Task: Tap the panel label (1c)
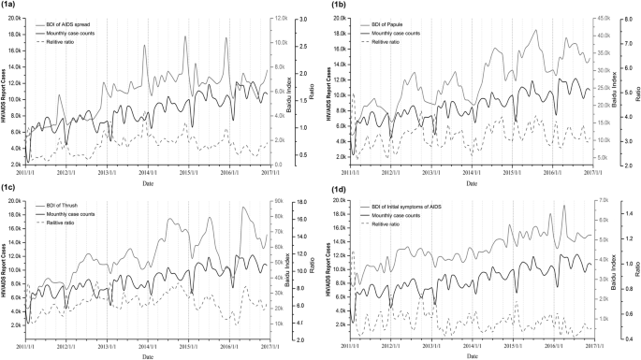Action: (11, 185)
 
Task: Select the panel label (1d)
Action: (332, 185)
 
